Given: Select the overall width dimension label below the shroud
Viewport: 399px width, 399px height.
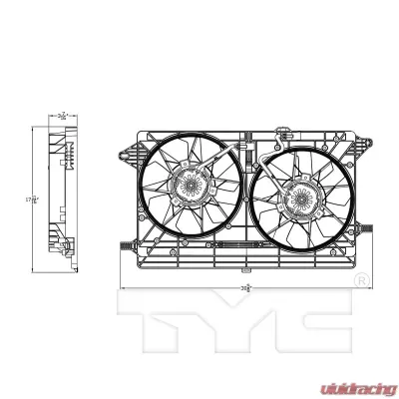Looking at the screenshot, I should pos(246,285).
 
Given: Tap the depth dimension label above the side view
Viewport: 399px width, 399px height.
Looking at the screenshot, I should pos(63,115).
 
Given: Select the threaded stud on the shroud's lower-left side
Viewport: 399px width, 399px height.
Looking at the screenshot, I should pos(124,243).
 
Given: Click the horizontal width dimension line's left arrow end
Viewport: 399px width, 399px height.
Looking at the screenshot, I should pos(122,285).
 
